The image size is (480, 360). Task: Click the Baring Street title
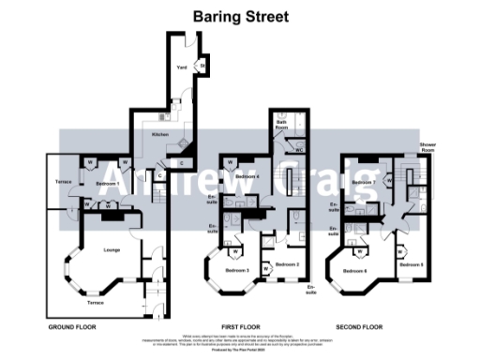(x=240, y=16)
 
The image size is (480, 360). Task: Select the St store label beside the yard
(x=202, y=66)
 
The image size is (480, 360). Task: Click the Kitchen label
(x=160, y=134)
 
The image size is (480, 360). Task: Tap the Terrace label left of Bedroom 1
(x=63, y=180)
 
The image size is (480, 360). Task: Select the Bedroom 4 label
(x=247, y=176)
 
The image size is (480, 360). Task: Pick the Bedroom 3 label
(x=236, y=270)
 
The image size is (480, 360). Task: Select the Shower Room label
(x=427, y=148)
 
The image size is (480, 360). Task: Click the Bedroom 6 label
(x=354, y=271)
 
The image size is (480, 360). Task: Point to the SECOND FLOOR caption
(x=361, y=328)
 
